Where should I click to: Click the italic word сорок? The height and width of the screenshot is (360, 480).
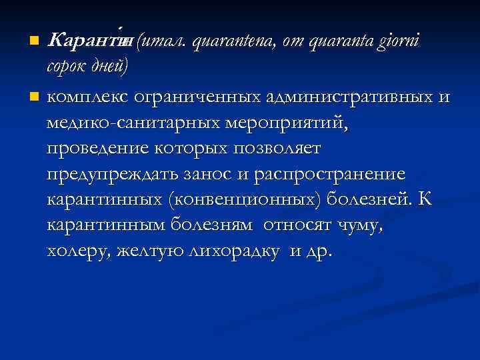coord(65,69)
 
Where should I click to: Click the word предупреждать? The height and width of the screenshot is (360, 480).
coord(107,175)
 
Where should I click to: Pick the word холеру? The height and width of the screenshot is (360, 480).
coord(77,253)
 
